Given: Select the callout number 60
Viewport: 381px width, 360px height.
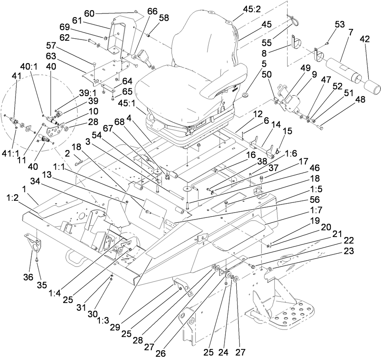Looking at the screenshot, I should click(x=89, y=13).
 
